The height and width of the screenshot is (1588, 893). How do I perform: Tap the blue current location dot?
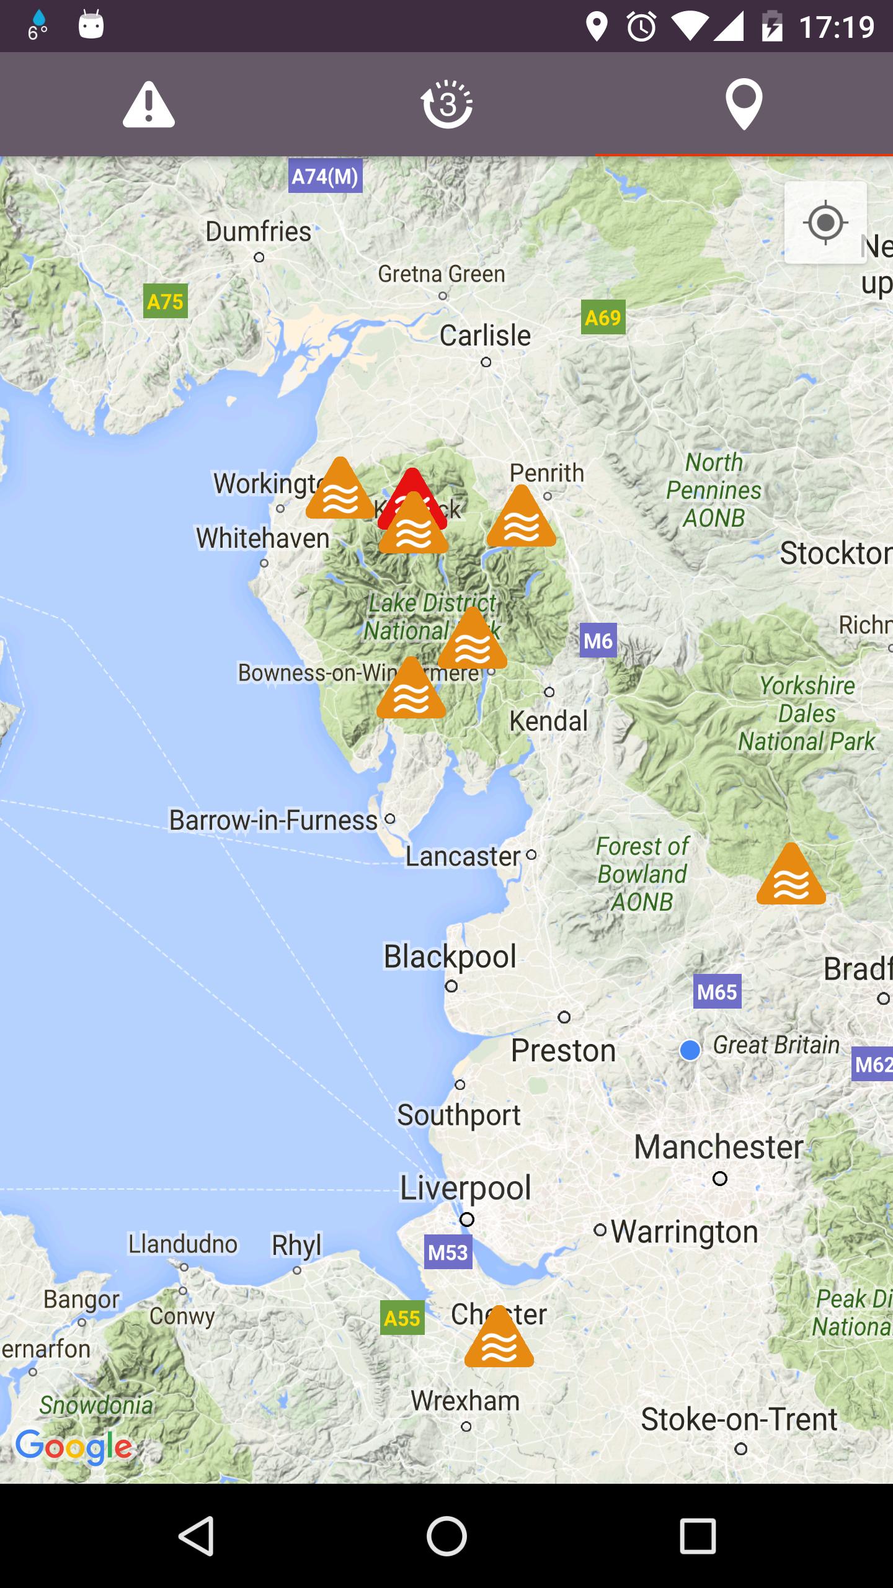click(x=690, y=1050)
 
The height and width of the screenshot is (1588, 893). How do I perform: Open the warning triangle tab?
click(x=149, y=105)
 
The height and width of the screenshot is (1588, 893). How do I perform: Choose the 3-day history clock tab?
click(x=446, y=105)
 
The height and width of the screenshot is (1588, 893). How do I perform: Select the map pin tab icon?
click(x=744, y=104)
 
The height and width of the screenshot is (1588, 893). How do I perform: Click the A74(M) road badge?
click(x=325, y=177)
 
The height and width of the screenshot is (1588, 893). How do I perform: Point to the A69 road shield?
click(x=603, y=318)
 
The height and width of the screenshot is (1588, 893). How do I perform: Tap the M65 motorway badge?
click(x=717, y=992)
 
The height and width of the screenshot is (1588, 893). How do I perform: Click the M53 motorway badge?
click(x=448, y=1252)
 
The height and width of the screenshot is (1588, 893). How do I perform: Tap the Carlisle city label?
click(x=485, y=336)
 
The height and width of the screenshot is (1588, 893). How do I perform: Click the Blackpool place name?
click(x=450, y=956)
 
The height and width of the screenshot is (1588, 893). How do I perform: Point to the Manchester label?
click(x=718, y=1147)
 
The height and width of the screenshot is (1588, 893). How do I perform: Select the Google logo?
click(x=74, y=1447)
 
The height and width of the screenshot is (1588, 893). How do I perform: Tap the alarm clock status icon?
click(x=641, y=27)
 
